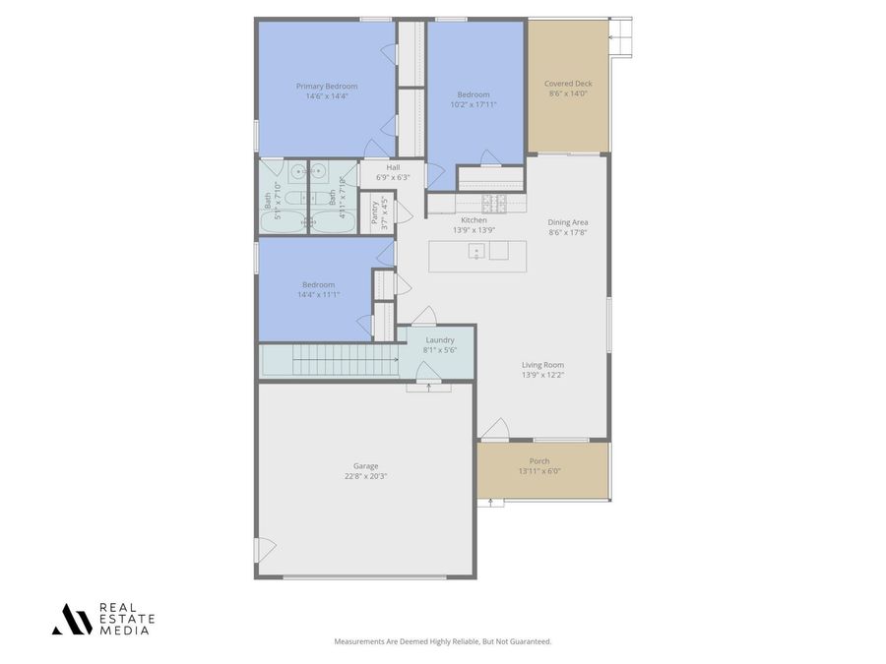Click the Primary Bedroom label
[x=327, y=87]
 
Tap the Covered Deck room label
[x=567, y=84]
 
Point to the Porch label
[x=539, y=460]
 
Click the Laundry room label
[x=439, y=339]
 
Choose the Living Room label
[x=542, y=364]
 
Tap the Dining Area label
[x=568, y=222]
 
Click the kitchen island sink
[x=476, y=250]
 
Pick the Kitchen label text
[x=474, y=219]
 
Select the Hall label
[x=393, y=167]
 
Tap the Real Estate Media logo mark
[x=72, y=618]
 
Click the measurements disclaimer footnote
[x=443, y=641]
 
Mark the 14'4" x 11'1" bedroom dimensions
[x=319, y=294]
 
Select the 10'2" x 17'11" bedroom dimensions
[x=474, y=104]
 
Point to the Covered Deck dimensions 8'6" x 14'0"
[x=567, y=94]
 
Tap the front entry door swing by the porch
[x=494, y=429]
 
